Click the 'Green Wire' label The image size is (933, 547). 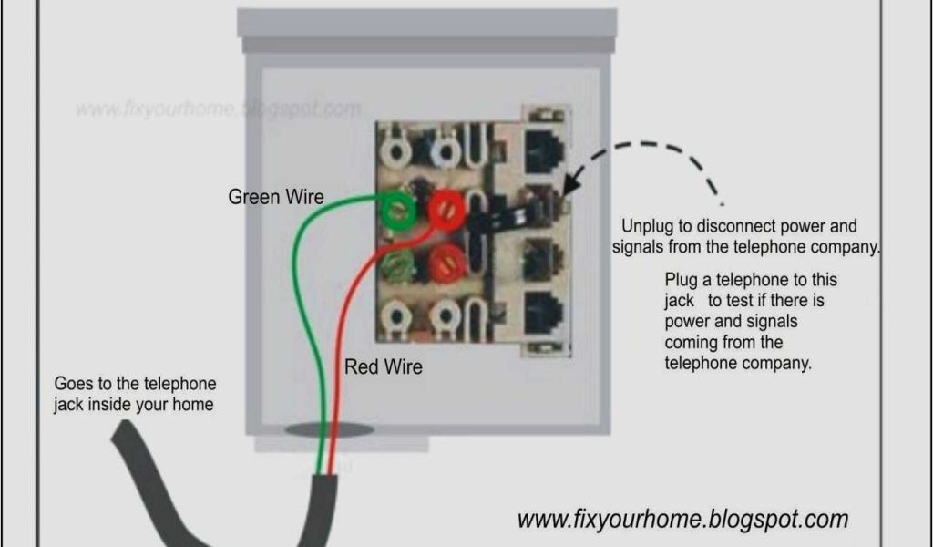[275, 197]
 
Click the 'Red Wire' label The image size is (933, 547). [383, 368]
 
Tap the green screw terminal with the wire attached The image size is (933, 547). [397, 212]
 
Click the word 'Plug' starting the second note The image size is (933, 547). [682, 279]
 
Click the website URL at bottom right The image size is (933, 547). [682, 520]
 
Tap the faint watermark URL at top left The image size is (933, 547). [218, 109]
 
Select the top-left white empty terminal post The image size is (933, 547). [397, 148]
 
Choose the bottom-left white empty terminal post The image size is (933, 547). [397, 316]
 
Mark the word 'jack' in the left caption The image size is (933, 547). [67, 404]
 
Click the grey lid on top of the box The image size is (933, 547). [426, 25]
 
